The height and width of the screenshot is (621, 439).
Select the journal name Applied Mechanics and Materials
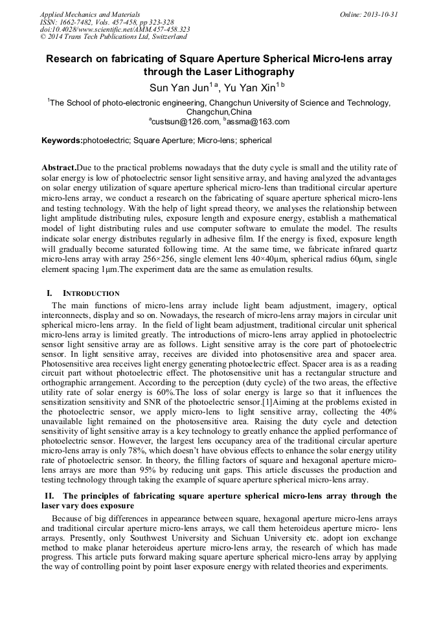90,14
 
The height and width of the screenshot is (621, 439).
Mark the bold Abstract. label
59,168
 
